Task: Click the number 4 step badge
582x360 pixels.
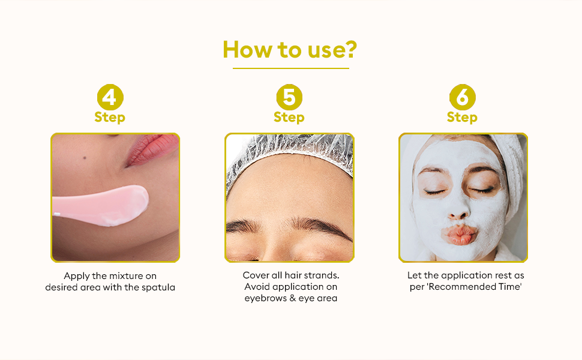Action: click(x=110, y=97)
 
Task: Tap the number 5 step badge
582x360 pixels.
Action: click(x=289, y=97)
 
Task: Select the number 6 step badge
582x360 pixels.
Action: click(x=462, y=97)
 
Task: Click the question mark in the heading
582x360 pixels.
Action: click(x=350, y=49)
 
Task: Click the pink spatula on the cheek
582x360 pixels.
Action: click(x=100, y=205)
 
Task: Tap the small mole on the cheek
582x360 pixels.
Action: click(x=85, y=158)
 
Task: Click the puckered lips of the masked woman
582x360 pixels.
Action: click(x=460, y=235)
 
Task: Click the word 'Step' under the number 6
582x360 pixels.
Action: click(x=462, y=118)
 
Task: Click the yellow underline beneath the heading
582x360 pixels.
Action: click(x=291, y=68)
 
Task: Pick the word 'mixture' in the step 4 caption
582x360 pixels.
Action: click(x=125, y=276)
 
